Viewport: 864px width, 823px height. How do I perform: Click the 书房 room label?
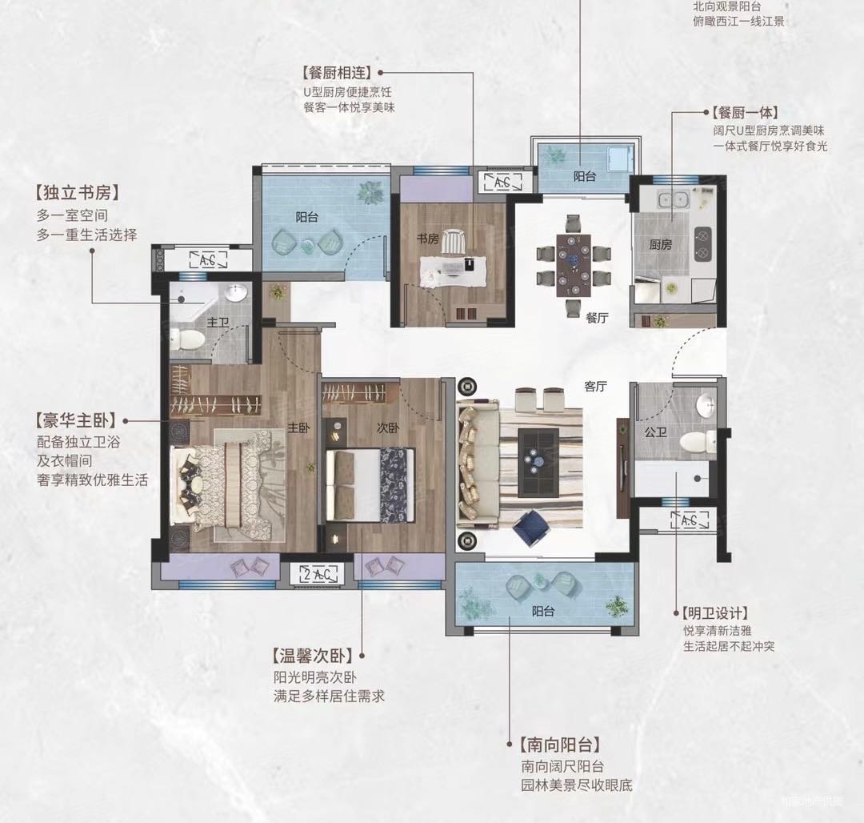click(427, 239)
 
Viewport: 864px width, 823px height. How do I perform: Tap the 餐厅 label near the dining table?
click(597, 318)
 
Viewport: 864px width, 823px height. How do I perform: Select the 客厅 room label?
click(595, 387)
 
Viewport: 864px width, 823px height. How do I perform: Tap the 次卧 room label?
click(387, 428)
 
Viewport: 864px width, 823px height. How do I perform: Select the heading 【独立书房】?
click(77, 193)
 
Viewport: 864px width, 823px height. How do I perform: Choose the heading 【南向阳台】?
click(559, 744)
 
